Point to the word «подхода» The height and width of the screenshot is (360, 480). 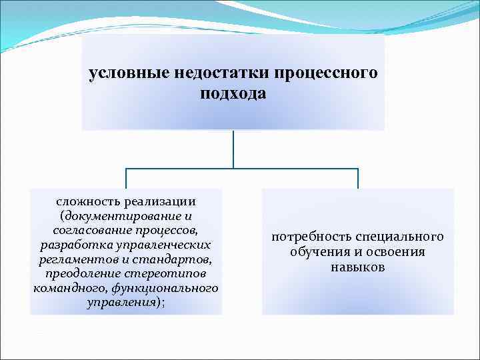(x=233, y=93)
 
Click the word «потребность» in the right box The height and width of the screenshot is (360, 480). (x=312, y=237)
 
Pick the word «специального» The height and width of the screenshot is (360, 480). (x=399, y=237)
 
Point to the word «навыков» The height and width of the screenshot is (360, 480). (x=357, y=267)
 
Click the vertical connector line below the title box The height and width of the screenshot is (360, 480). (x=233, y=148)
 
